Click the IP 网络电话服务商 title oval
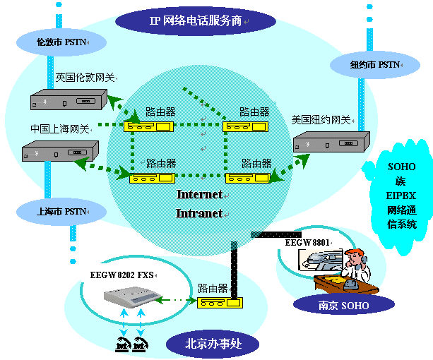click(x=186, y=20)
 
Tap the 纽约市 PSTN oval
click(x=375, y=65)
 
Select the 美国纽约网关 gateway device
click(x=331, y=143)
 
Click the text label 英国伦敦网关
click(x=85, y=78)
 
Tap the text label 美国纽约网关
click(x=321, y=119)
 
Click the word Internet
click(x=199, y=194)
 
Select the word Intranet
click(x=199, y=212)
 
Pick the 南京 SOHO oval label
click(x=336, y=304)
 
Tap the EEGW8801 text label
click(x=307, y=242)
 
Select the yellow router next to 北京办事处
click(x=220, y=303)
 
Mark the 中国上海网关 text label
click(x=59, y=129)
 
